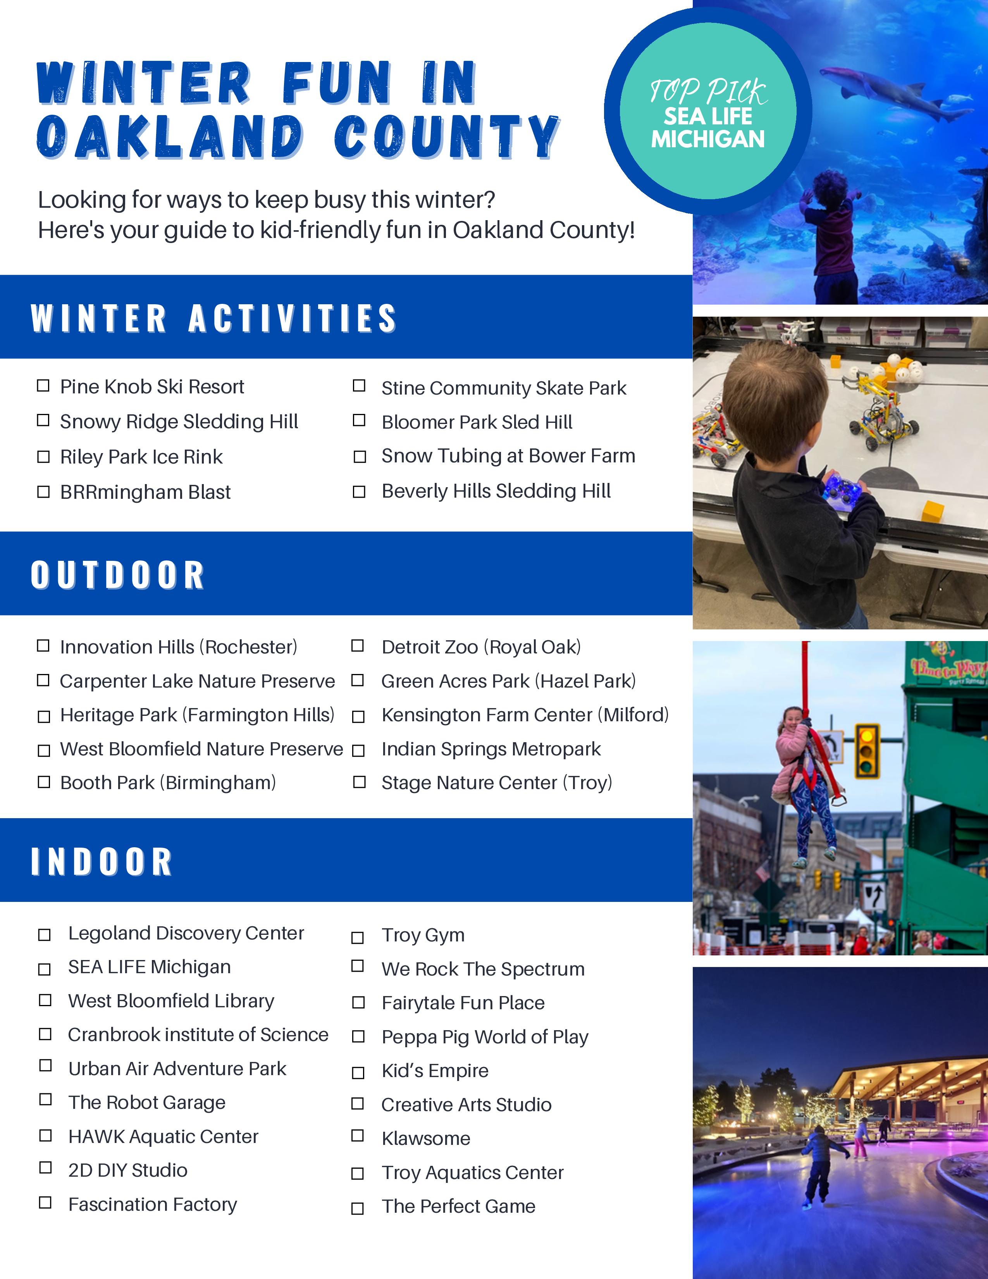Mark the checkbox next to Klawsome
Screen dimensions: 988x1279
click(358, 1136)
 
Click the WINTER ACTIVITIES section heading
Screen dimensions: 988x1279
click(213, 318)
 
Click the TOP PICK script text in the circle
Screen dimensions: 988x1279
click(708, 92)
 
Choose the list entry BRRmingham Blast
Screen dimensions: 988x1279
click(145, 492)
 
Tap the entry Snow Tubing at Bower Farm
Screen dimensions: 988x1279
click(508, 456)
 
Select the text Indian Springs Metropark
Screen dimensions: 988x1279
click(491, 749)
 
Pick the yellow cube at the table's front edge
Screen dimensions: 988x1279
click(932, 511)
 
